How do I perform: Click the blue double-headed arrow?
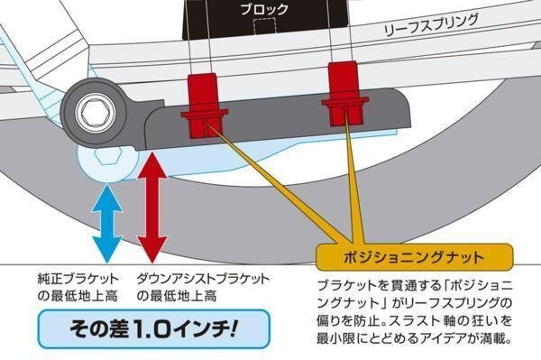(x=107, y=224)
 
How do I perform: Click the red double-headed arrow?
(x=152, y=208)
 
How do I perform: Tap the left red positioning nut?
(x=203, y=106)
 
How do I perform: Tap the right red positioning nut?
(x=345, y=93)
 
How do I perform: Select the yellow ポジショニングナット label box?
(x=415, y=257)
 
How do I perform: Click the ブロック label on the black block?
(x=264, y=9)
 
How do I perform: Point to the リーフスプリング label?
(x=431, y=25)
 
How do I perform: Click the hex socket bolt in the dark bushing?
(x=95, y=113)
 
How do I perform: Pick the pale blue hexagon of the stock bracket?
(x=108, y=157)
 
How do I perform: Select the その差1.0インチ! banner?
(x=153, y=329)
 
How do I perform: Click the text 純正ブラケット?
(x=78, y=279)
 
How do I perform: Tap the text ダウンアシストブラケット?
(x=203, y=279)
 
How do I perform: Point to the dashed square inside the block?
(x=264, y=26)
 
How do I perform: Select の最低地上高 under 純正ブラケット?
(x=78, y=296)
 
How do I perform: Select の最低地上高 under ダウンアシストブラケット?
(x=177, y=296)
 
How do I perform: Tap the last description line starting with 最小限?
(x=414, y=338)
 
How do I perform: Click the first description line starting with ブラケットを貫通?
(x=414, y=286)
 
